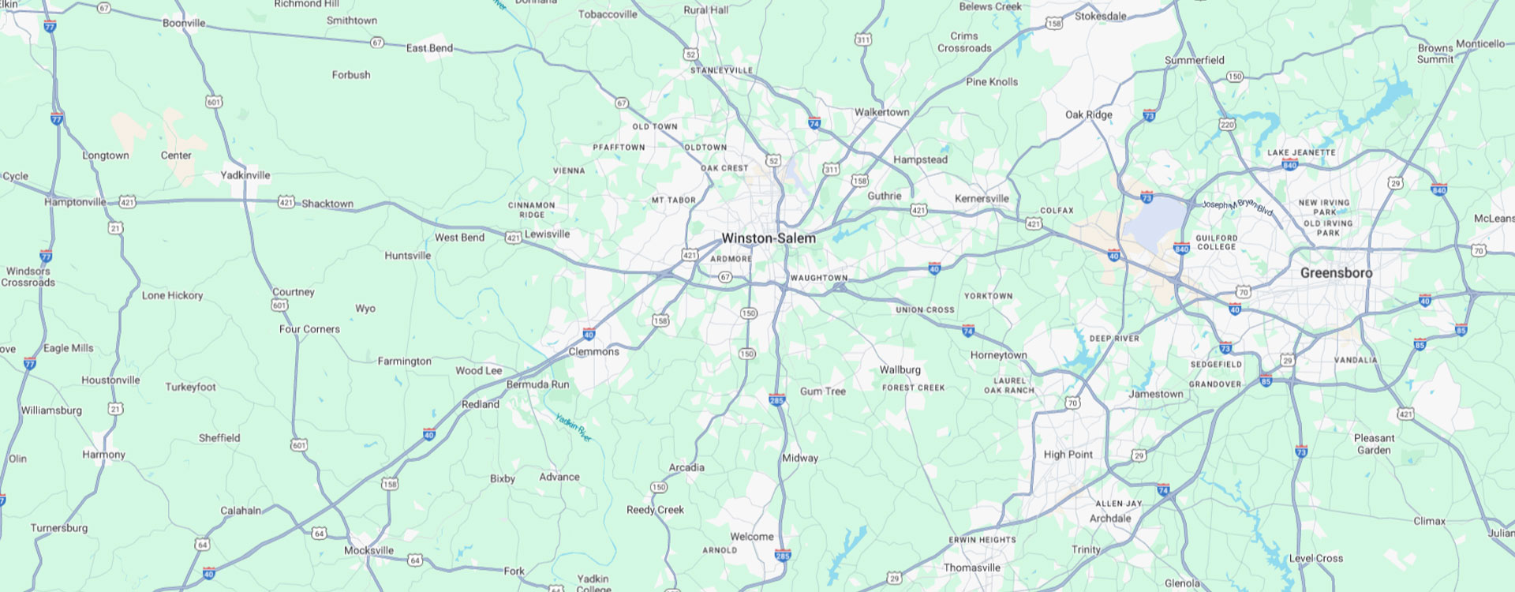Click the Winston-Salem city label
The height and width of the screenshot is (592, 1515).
click(x=769, y=238)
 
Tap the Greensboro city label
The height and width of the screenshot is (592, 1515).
click(x=1336, y=273)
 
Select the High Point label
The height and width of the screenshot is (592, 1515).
click(x=1068, y=455)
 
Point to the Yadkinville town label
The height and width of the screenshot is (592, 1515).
click(x=245, y=175)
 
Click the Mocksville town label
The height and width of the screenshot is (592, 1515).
click(x=368, y=550)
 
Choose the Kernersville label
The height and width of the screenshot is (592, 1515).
click(x=982, y=199)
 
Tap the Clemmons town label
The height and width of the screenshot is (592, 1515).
click(x=593, y=352)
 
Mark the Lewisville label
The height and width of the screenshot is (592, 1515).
click(x=547, y=234)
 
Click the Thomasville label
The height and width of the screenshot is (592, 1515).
click(x=971, y=568)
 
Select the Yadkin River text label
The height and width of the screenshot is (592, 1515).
click(x=573, y=427)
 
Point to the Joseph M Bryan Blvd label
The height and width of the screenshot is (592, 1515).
click(x=1237, y=206)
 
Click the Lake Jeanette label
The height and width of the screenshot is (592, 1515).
click(x=1301, y=153)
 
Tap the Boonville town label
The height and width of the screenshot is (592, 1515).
click(x=184, y=24)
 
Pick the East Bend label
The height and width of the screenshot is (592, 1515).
click(x=429, y=48)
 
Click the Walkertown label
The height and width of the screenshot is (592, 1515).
click(x=881, y=112)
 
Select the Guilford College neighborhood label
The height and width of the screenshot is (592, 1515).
click(x=1216, y=242)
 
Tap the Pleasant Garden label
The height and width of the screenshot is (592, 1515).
click(x=1374, y=444)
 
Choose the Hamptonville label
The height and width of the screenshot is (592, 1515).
click(x=75, y=202)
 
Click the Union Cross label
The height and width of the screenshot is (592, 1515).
click(x=925, y=310)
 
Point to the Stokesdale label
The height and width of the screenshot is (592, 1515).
click(x=1100, y=17)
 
